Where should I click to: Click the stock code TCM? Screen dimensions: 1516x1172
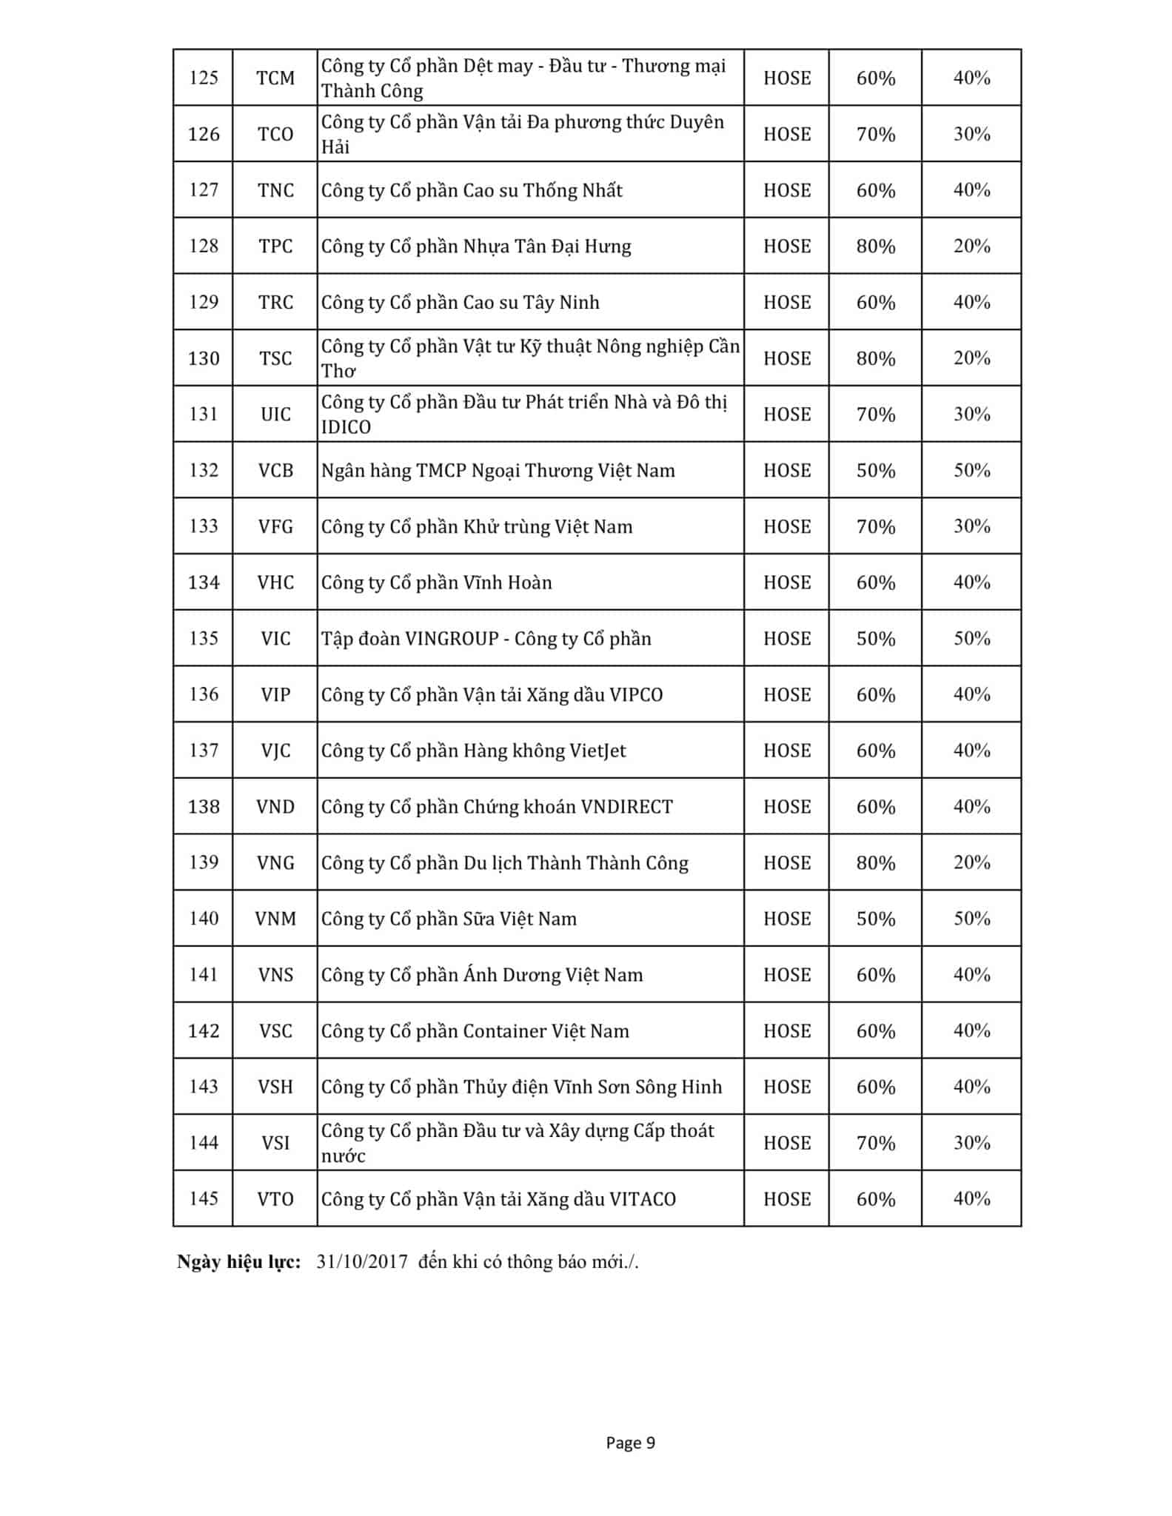[275, 78]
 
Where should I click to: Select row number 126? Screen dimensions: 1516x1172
[204, 134]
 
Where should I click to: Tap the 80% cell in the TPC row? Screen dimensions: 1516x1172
[875, 246]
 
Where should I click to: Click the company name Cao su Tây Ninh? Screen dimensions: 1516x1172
[531, 303]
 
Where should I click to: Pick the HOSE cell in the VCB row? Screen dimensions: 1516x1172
[787, 471]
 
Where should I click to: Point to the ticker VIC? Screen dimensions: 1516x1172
[275, 639]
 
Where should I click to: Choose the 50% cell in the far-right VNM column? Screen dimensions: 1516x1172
[971, 919]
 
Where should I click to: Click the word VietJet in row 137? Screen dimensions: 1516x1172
[597, 751]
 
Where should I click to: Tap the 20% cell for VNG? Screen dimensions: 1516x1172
[971, 862]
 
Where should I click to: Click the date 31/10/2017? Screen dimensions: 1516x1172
[362, 1262]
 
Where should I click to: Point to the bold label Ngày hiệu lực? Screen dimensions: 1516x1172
[238, 1262]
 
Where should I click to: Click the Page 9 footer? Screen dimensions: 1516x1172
[630, 1443]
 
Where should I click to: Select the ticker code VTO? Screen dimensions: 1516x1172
[275, 1199]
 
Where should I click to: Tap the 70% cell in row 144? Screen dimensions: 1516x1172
[875, 1143]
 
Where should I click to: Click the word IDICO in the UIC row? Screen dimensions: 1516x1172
[346, 427]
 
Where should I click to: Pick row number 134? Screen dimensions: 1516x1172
[204, 583]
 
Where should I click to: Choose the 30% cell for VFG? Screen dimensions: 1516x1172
[971, 526]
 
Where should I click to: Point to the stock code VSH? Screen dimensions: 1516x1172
[275, 1087]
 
